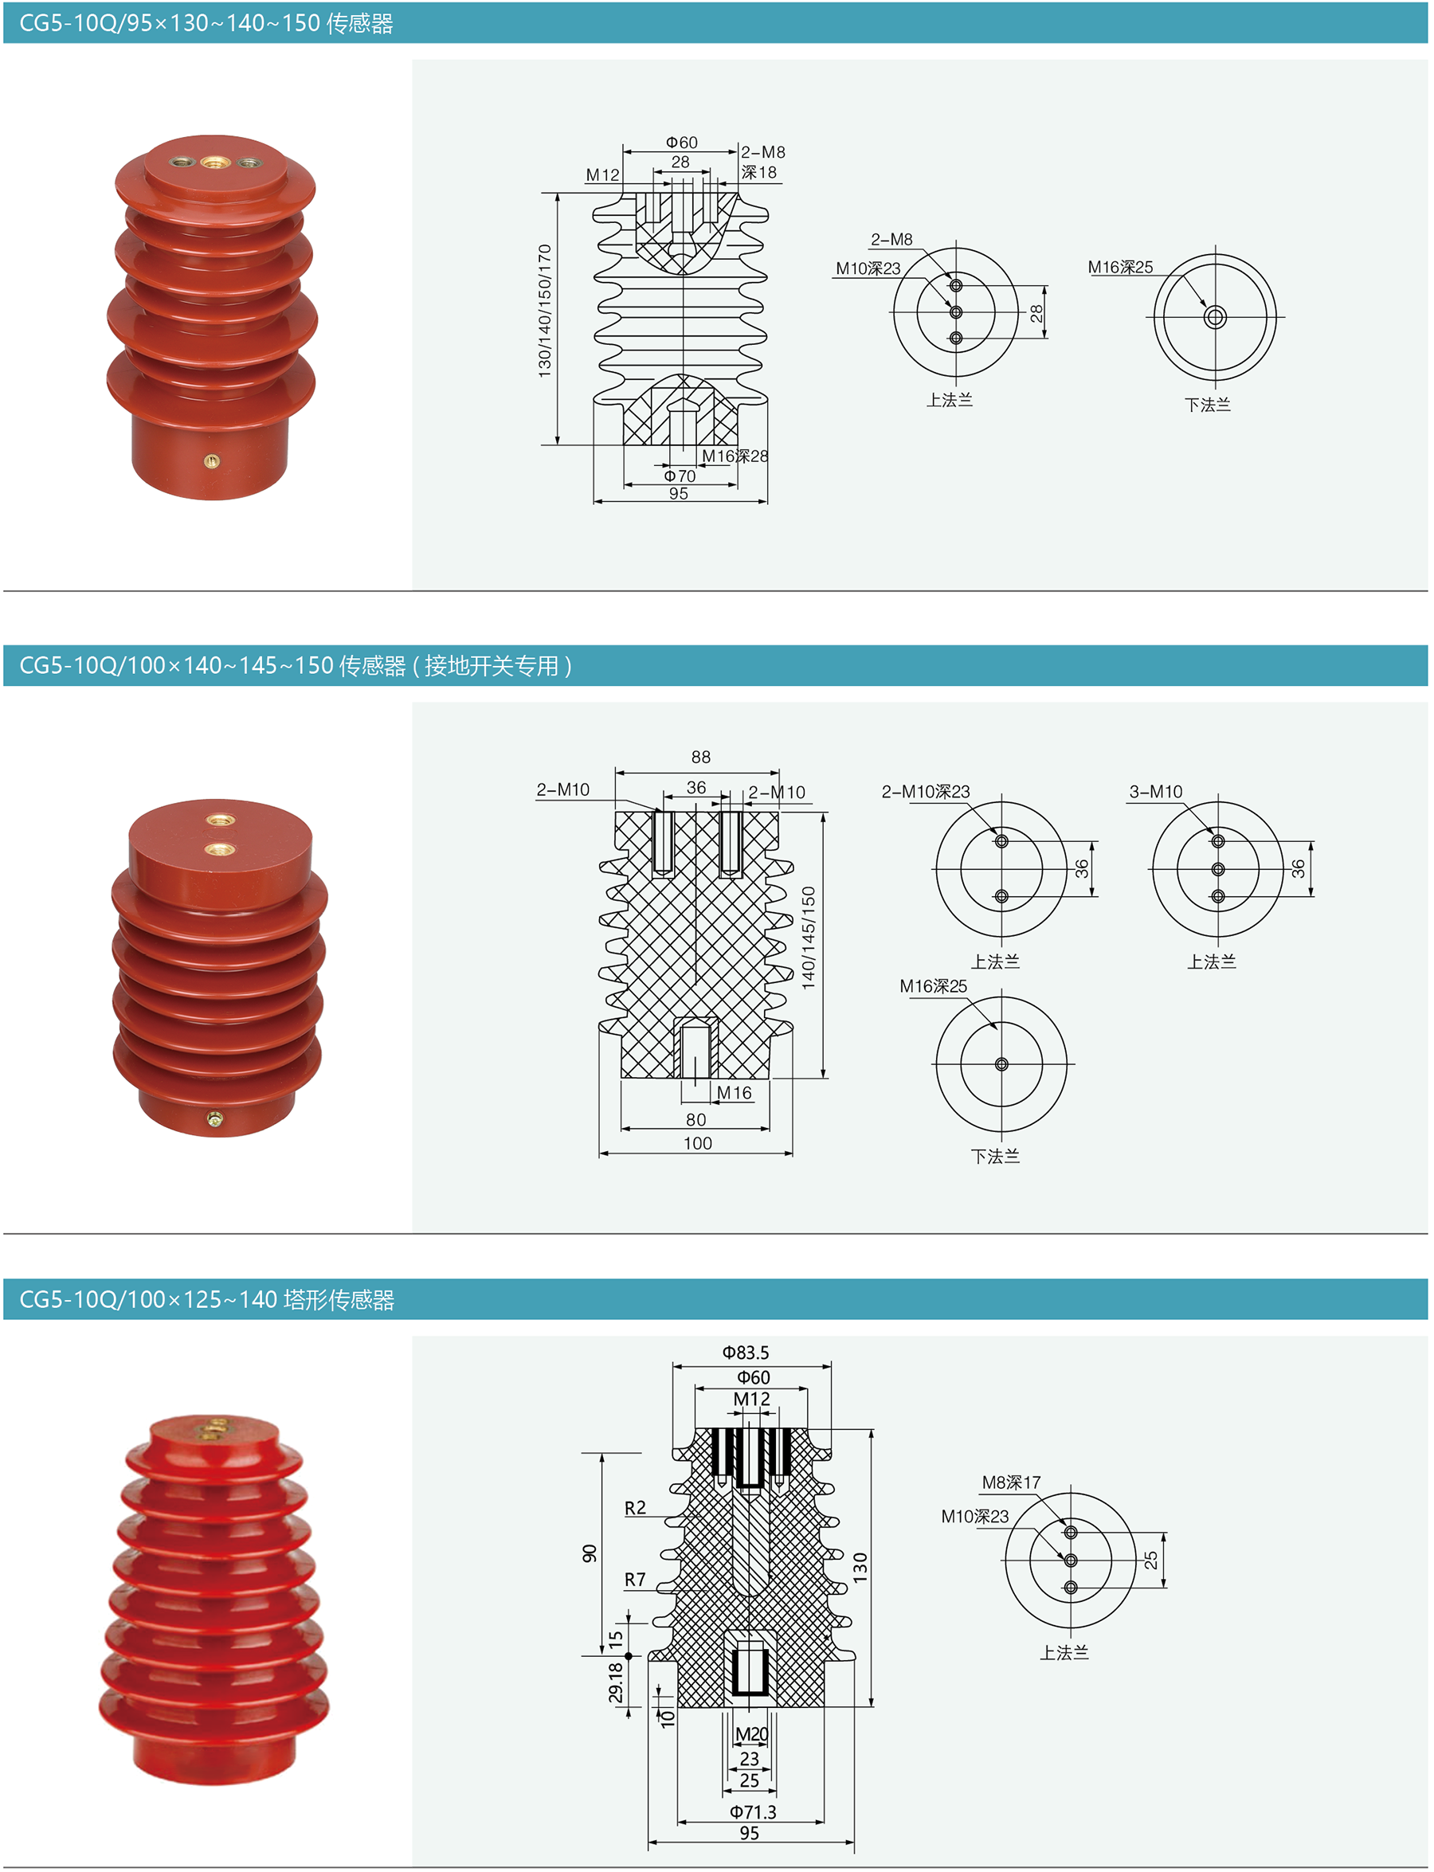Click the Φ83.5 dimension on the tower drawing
coord(745,1352)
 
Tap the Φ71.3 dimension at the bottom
coord(753,1811)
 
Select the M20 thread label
coord(751,1733)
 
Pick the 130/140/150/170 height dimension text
coord(545,311)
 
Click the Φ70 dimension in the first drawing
coord(680,476)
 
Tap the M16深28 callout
coord(735,456)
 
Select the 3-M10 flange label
coord(1156,791)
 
